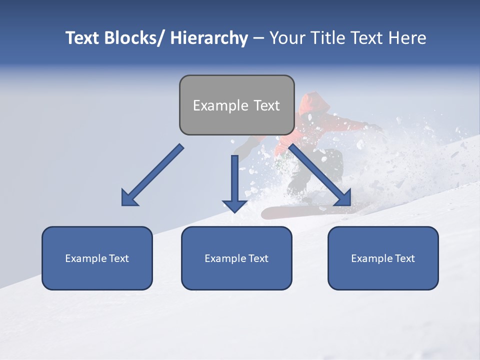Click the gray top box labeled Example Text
point(236,105)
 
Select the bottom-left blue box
point(97,258)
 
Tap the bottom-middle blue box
point(236,258)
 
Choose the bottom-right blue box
point(383,258)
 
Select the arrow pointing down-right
point(320,175)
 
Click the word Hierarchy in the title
point(209,38)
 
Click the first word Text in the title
point(82,38)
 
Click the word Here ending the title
point(407,38)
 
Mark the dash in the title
point(258,38)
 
